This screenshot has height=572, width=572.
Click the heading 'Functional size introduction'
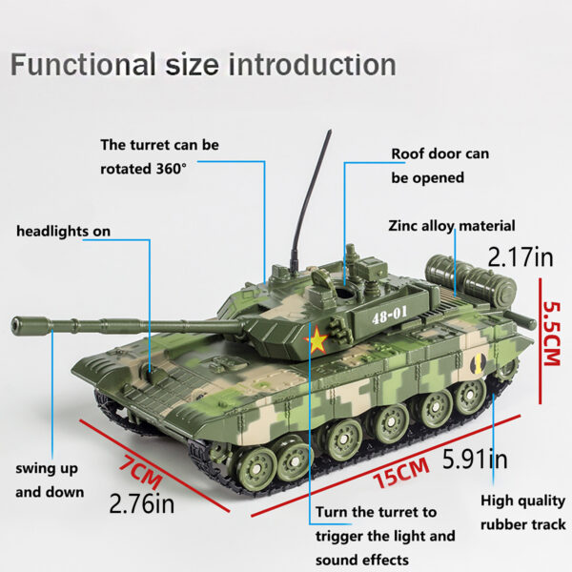point(203,65)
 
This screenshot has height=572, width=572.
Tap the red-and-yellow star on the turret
point(316,340)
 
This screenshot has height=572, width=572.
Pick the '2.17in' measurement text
point(520,256)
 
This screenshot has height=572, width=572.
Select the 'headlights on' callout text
point(63,231)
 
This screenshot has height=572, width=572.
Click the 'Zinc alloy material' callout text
point(452,226)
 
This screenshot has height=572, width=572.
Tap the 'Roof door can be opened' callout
point(439,165)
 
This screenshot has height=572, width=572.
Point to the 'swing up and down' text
point(50,480)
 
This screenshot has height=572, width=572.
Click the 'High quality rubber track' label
point(521,512)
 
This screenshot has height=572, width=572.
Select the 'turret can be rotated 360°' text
point(159,156)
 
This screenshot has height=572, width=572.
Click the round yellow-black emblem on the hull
point(480,361)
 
